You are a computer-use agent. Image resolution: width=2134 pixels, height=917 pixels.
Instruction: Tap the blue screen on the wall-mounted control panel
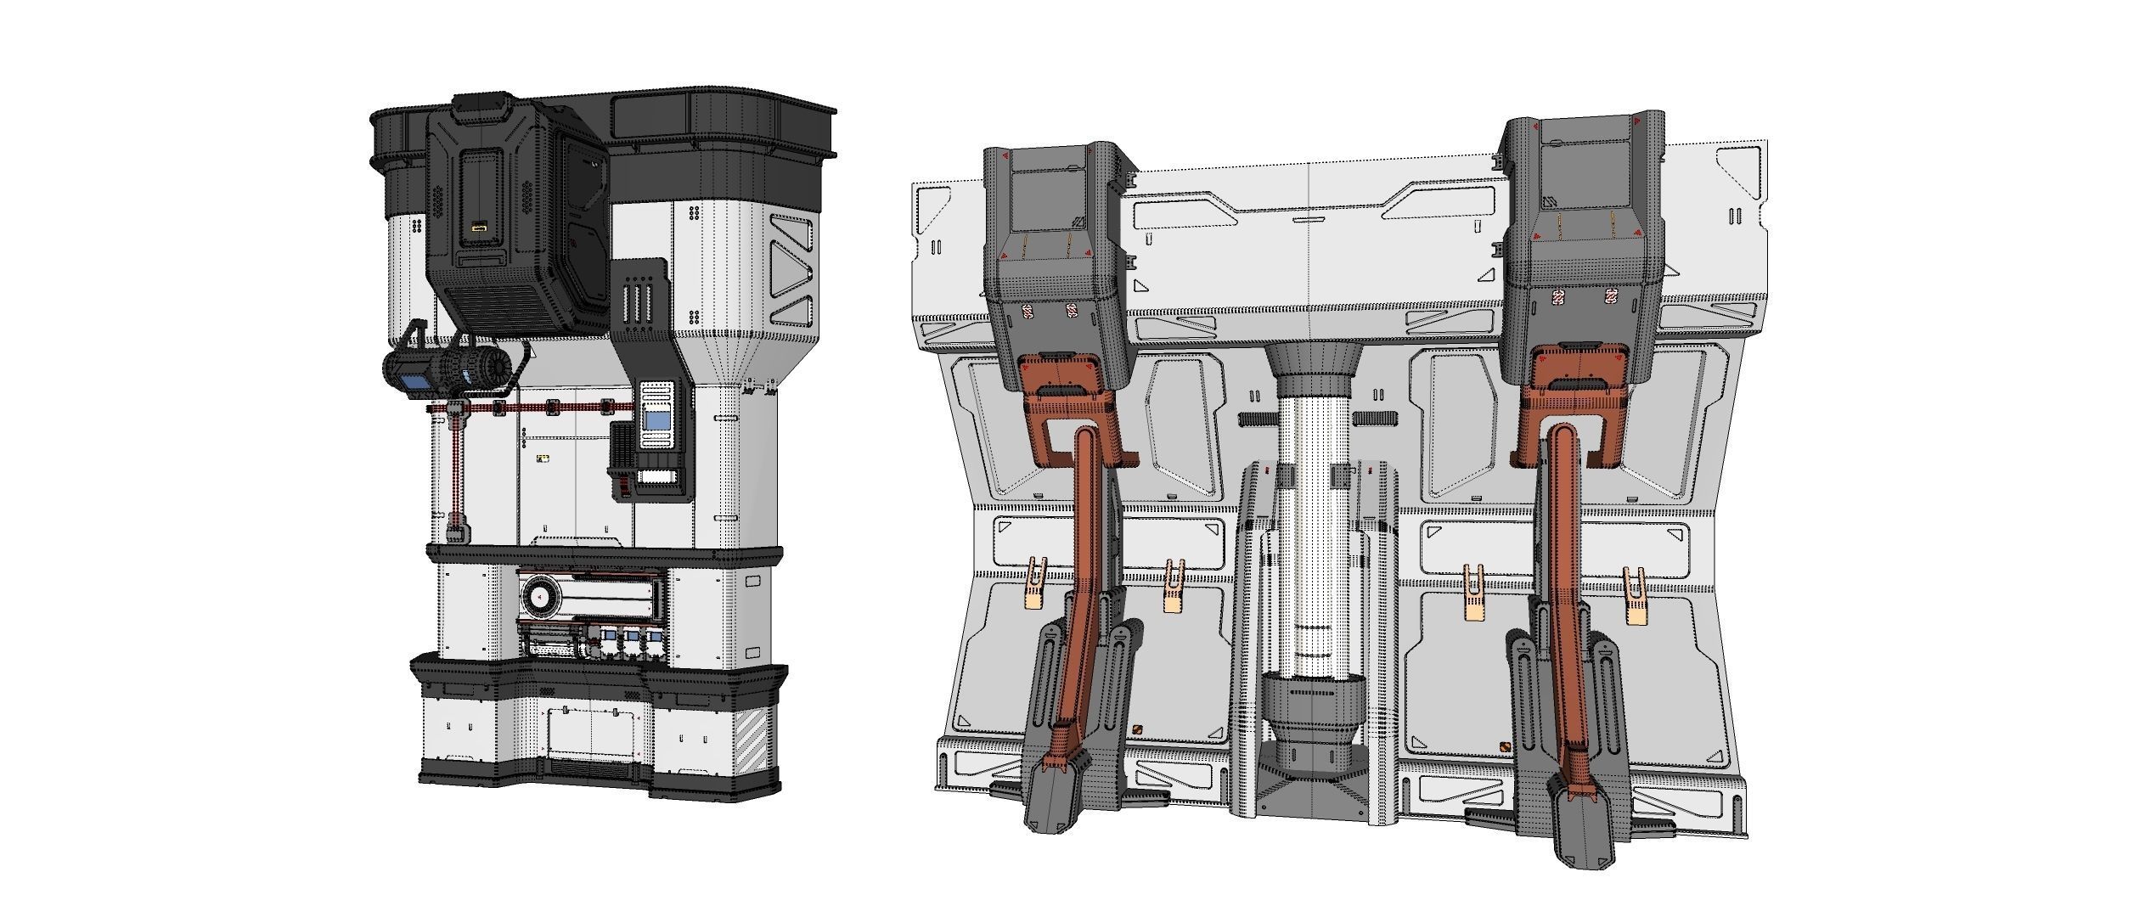pos(656,420)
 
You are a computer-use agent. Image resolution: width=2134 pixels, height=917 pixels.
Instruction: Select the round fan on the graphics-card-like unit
pos(541,598)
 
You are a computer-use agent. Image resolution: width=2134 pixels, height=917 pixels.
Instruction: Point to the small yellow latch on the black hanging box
pos(479,228)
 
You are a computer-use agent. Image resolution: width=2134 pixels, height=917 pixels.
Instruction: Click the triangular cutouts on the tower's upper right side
pos(792,272)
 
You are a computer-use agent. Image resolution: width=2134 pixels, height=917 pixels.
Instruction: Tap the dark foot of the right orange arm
pos(1581,832)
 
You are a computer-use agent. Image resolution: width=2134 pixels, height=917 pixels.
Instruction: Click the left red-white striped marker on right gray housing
pos(1558,296)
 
